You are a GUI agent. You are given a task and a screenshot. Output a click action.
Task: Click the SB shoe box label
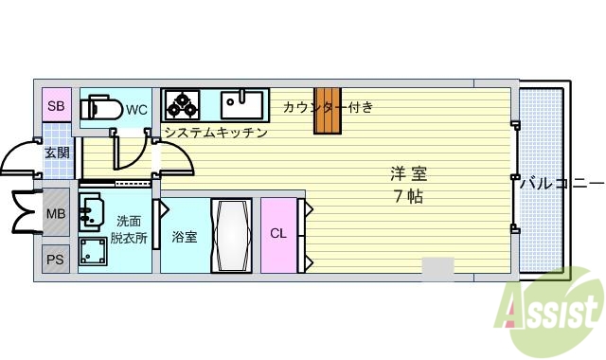56,106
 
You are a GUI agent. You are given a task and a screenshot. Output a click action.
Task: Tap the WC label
137,109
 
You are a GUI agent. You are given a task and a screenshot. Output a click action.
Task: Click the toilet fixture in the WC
100,108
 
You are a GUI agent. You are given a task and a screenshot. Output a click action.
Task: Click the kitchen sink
244,103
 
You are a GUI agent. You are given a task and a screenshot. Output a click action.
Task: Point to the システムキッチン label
215,133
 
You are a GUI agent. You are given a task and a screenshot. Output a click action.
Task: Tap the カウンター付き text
328,107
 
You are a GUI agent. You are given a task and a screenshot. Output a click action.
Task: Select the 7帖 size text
409,197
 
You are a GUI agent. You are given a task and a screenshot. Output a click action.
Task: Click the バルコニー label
561,182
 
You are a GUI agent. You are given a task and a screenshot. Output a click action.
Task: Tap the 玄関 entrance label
56,153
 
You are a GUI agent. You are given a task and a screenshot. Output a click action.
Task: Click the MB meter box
56,213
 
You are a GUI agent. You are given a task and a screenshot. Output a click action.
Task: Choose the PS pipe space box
56,259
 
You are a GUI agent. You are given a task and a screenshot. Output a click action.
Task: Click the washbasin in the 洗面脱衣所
92,211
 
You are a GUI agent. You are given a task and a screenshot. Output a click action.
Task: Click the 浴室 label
185,236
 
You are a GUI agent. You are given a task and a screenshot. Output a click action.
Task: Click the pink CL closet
278,234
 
